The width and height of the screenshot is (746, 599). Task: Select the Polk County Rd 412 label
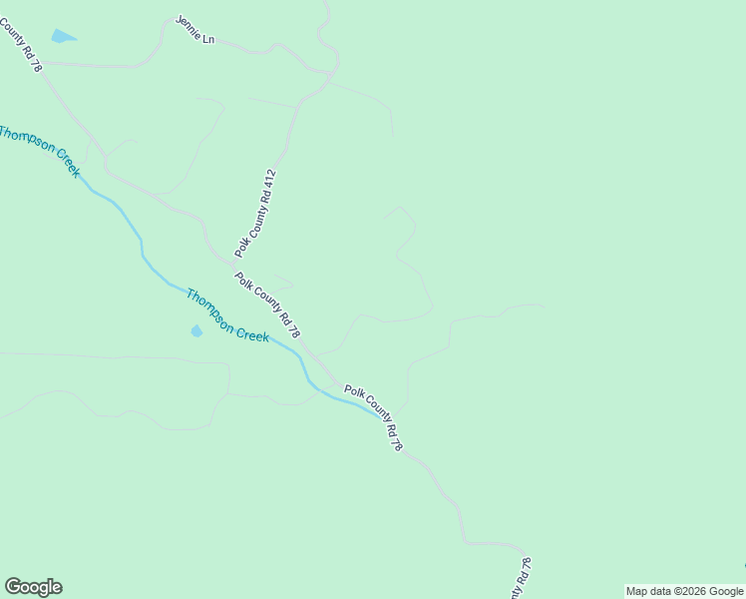tap(255, 214)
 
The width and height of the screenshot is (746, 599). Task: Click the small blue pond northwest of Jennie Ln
tap(63, 37)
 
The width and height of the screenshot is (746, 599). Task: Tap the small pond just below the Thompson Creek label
tap(196, 330)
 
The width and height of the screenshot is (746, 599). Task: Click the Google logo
tap(33, 587)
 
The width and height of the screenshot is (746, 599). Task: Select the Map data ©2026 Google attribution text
tap(685, 591)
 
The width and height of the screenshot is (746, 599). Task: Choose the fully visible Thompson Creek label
tap(227, 315)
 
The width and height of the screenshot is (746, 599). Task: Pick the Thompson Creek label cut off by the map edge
tap(40, 150)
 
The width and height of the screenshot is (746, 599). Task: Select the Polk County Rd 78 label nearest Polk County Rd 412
tap(267, 304)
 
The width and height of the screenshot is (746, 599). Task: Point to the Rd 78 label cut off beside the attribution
tap(524, 578)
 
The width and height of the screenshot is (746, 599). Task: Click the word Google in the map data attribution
tap(725, 591)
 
